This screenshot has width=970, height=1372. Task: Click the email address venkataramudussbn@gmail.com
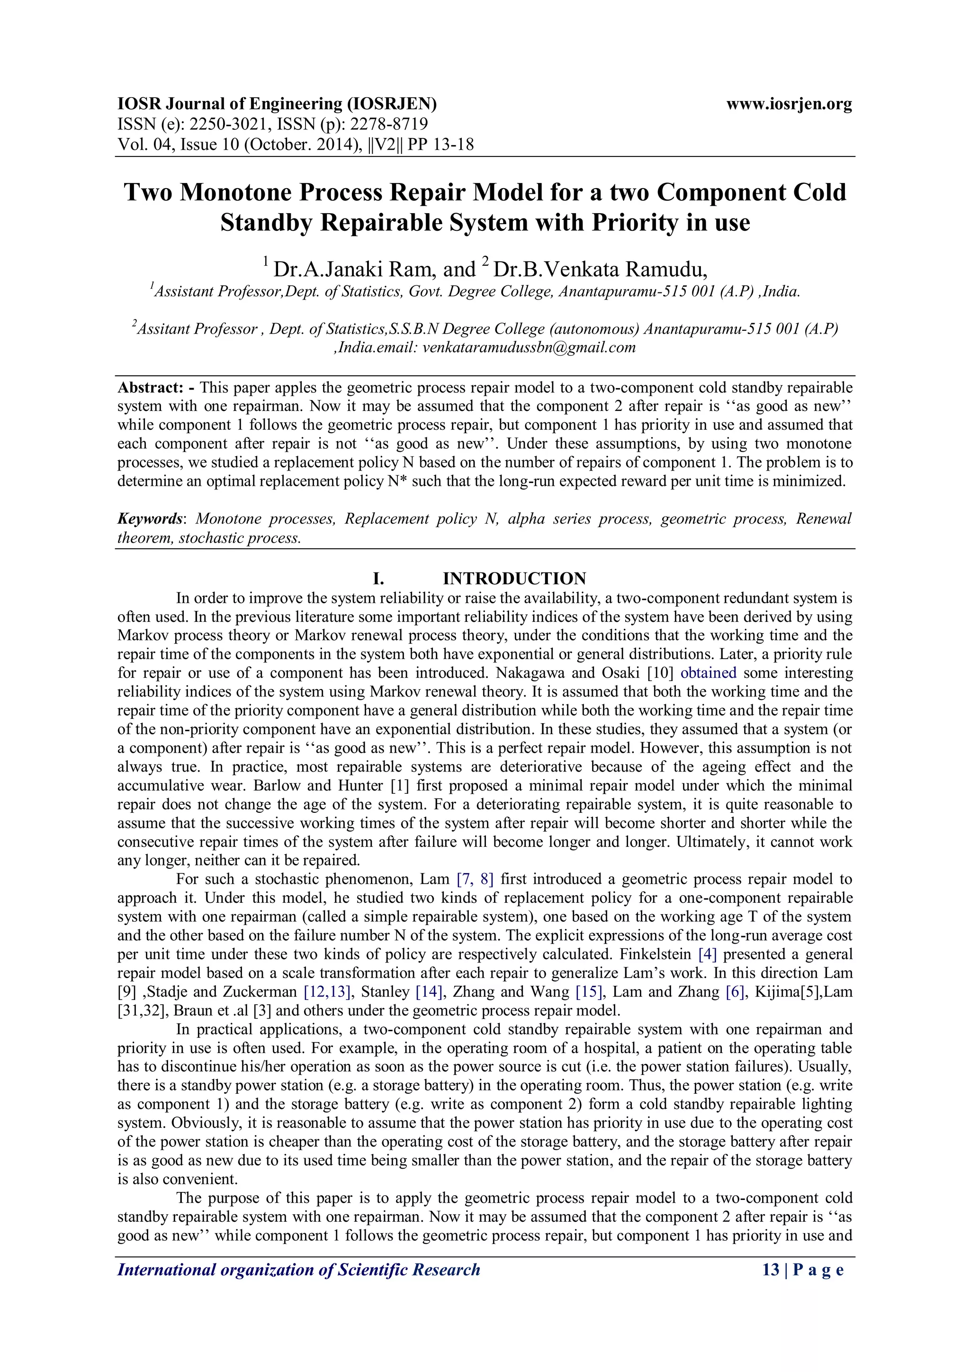click(x=529, y=347)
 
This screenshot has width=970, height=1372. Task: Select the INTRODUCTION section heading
click(x=514, y=579)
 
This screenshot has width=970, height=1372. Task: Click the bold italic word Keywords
click(x=149, y=518)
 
